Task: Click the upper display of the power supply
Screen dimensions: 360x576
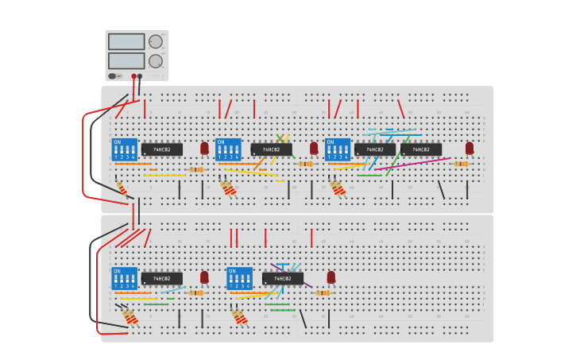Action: click(126, 41)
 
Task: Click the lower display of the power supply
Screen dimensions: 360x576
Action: click(126, 60)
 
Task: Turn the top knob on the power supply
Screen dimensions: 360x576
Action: click(155, 42)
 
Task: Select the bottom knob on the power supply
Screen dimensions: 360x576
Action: click(155, 61)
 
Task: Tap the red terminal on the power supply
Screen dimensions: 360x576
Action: click(133, 76)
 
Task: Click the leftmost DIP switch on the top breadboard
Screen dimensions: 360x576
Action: click(124, 149)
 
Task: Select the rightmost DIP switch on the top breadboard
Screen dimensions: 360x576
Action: click(338, 149)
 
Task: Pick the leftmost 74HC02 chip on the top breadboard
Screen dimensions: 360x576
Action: click(162, 149)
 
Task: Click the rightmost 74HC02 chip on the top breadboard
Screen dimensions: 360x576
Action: click(421, 149)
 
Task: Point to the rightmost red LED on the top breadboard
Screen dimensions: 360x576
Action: click(470, 148)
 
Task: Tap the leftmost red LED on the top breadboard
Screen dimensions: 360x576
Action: click(204, 148)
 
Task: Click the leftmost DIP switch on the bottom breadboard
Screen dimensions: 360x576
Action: click(124, 278)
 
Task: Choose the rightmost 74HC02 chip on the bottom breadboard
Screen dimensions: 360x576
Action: click(283, 279)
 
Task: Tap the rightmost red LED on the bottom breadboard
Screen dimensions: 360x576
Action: click(331, 277)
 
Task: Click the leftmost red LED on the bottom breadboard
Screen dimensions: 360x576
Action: click(204, 277)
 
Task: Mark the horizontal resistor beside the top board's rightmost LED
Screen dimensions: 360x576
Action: click(461, 164)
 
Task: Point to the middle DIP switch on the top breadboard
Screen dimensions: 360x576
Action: click(228, 149)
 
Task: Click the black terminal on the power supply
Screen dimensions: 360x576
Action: click(140, 76)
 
